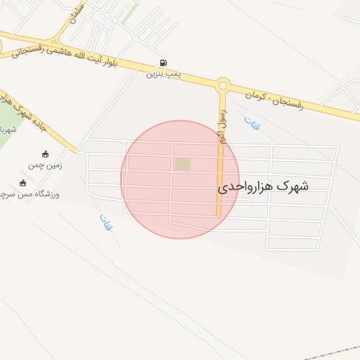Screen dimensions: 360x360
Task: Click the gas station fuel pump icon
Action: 164,63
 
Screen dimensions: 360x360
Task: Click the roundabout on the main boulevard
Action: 223,86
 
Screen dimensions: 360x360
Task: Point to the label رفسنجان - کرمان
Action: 274,98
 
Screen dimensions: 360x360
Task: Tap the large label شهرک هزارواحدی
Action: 264,186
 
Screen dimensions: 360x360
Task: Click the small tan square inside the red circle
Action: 182,164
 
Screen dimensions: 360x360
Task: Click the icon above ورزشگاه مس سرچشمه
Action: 23,183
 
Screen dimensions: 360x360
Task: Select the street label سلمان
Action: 77,15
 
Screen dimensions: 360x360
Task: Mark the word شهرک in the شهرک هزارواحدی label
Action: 292,186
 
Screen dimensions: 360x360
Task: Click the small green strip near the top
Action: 131,12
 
